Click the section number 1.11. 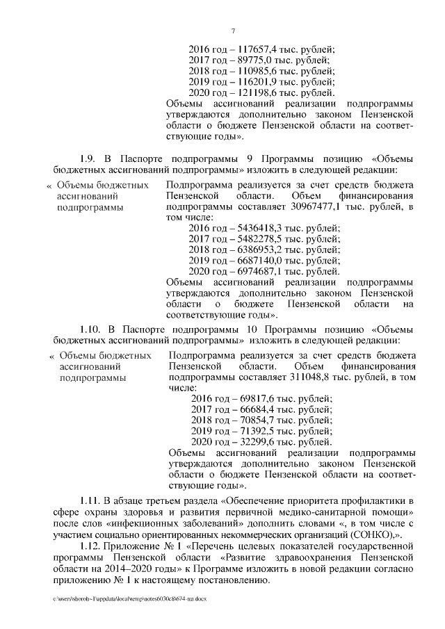click(91, 500)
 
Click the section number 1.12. click(91, 545)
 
